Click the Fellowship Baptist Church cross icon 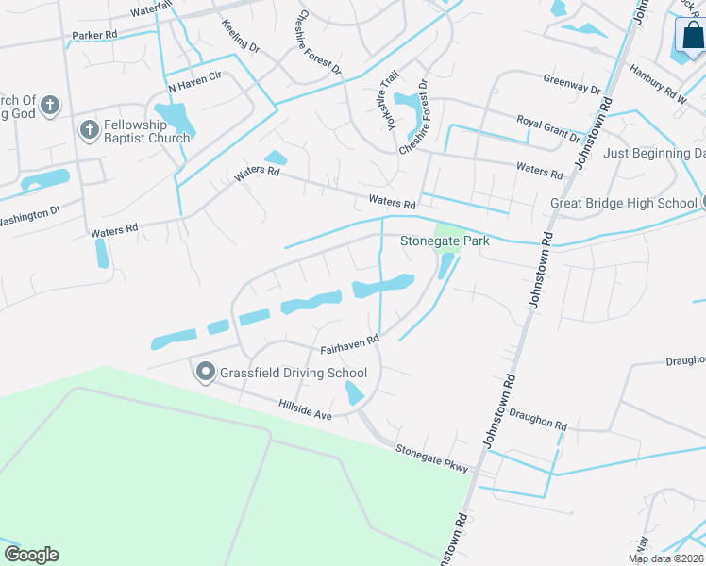pyautogui.click(x=90, y=129)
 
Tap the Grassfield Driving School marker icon pyautogui.click(x=206, y=373)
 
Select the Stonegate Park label pyautogui.click(x=445, y=241)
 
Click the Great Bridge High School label pyautogui.click(x=623, y=203)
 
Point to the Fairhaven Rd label pyautogui.click(x=349, y=343)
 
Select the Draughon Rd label pyautogui.click(x=537, y=419)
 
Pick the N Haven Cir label pyautogui.click(x=193, y=82)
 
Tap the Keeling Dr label pyautogui.click(x=241, y=36)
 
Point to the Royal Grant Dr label pyautogui.click(x=547, y=128)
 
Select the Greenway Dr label pyautogui.click(x=571, y=85)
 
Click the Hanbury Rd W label pyautogui.click(x=658, y=88)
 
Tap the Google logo pyautogui.click(x=31, y=555)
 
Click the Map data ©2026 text pyautogui.click(x=666, y=558)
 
